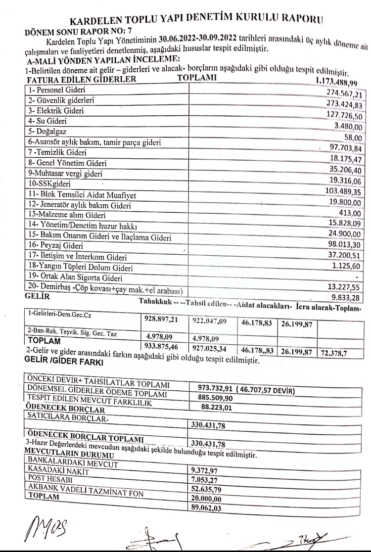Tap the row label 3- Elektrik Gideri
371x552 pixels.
pos(50,109)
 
